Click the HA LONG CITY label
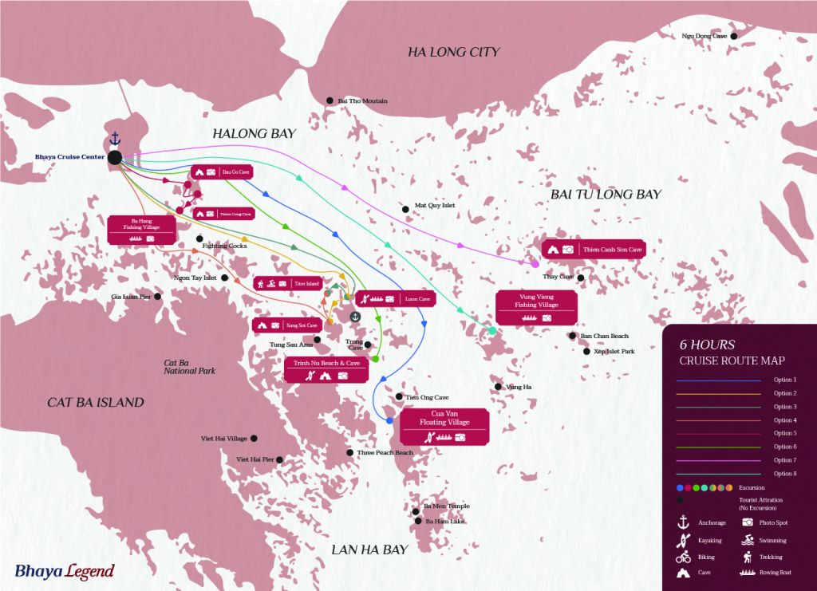coord(453,52)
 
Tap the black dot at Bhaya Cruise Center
coord(115,158)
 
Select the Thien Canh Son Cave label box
coord(594,249)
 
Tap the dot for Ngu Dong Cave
coord(733,36)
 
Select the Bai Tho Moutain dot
coord(330,100)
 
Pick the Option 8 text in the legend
coord(785,474)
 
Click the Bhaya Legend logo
coord(64,571)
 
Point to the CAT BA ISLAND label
coord(96,402)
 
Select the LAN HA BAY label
coord(369,549)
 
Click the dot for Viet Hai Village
coord(255,438)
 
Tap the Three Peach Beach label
coord(385,452)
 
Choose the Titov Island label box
coord(286,283)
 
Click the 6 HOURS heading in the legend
coord(707,345)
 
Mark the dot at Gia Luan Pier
coord(157,297)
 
